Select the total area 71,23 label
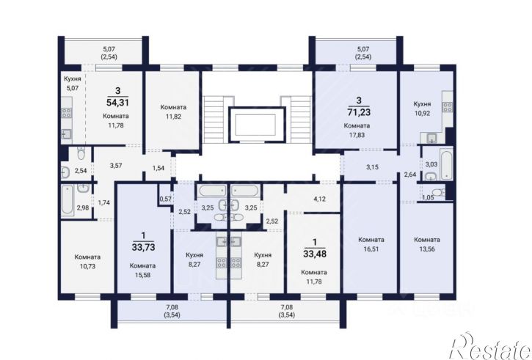coord(359,111)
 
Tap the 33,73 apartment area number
coord(144,247)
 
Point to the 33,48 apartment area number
coord(315,254)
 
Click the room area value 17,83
coord(357,135)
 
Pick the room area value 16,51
coord(371,249)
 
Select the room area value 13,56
coord(427,249)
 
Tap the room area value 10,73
coord(87,266)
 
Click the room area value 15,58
coord(142,275)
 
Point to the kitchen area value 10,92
coord(422,113)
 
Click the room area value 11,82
coord(173,117)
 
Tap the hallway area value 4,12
coord(320,199)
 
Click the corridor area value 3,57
coord(116,166)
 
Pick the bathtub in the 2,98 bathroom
coord(68,200)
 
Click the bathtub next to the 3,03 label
coord(446,164)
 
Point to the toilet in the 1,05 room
coord(440,193)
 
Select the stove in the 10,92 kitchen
coord(447,108)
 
